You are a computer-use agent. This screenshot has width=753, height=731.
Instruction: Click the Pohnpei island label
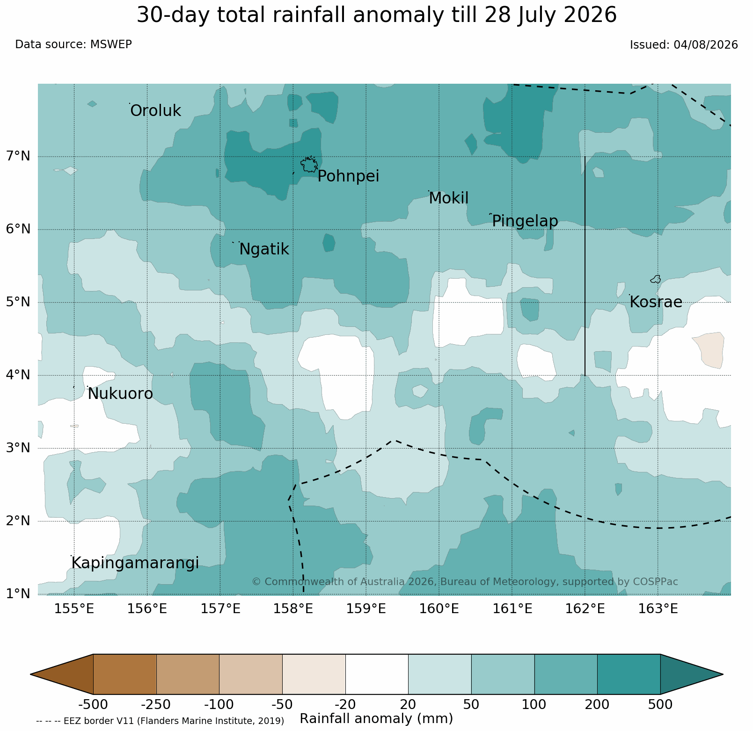click(x=348, y=176)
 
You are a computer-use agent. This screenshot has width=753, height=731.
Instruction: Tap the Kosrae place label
click(x=656, y=302)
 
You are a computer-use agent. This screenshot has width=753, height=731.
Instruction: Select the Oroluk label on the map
click(x=155, y=111)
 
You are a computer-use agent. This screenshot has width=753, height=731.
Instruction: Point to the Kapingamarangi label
click(x=135, y=563)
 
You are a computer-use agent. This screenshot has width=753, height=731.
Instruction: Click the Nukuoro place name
click(x=120, y=394)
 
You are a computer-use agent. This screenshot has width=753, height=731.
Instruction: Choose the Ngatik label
click(x=264, y=249)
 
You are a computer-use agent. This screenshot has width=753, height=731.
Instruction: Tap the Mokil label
click(x=448, y=198)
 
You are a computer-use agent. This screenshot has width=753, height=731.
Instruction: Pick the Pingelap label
click(x=525, y=221)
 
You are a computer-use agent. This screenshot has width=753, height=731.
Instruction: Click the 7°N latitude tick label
click(x=18, y=156)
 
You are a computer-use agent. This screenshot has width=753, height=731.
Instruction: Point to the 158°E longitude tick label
click(x=293, y=609)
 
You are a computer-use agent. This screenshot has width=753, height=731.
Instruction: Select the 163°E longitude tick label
click(x=658, y=609)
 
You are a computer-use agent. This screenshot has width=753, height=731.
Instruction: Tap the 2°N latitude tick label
click(x=18, y=521)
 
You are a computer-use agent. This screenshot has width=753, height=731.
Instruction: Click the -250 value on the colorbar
click(x=156, y=705)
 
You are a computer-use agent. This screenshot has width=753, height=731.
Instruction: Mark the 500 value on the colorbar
click(x=660, y=705)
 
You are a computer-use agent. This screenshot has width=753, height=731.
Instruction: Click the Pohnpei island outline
click(x=309, y=165)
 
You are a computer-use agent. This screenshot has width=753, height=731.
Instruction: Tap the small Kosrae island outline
click(x=656, y=279)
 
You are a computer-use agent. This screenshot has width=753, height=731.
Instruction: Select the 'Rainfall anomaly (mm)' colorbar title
click(x=376, y=719)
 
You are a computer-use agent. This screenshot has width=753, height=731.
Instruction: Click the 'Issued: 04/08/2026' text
click(x=684, y=45)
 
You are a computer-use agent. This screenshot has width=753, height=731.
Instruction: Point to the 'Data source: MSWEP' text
click(x=73, y=44)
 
